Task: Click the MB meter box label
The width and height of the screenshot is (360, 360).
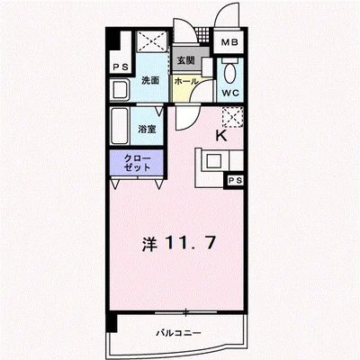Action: tap(229, 42)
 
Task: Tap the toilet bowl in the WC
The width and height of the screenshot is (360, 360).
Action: tap(230, 72)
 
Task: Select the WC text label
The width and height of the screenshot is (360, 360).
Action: tap(230, 93)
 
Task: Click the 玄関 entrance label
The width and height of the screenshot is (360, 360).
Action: tap(185, 60)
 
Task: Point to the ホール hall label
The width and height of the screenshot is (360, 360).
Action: tap(186, 81)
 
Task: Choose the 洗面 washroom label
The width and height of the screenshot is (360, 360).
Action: tap(150, 80)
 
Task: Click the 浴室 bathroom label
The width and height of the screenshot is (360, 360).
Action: tap(147, 129)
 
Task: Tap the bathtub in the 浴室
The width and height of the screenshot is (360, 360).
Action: tap(120, 126)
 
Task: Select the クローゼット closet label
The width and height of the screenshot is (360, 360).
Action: tap(137, 163)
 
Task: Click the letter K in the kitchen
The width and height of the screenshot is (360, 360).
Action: tap(221, 137)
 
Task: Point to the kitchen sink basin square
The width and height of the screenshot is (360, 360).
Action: tap(213, 161)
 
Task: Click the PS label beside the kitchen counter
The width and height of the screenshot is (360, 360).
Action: tap(235, 181)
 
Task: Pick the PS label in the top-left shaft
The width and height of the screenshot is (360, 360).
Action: tap(121, 67)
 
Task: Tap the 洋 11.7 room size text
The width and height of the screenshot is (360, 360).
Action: tap(179, 243)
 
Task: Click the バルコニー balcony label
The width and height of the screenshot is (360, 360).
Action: tap(178, 333)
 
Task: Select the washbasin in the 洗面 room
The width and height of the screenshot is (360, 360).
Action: tap(120, 89)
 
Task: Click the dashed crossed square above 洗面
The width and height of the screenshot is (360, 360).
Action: tap(151, 40)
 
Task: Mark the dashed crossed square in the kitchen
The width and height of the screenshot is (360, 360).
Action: tap(232, 117)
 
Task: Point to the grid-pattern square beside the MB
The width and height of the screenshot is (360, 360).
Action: tap(204, 34)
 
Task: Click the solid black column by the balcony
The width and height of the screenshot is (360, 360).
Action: tap(112, 321)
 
